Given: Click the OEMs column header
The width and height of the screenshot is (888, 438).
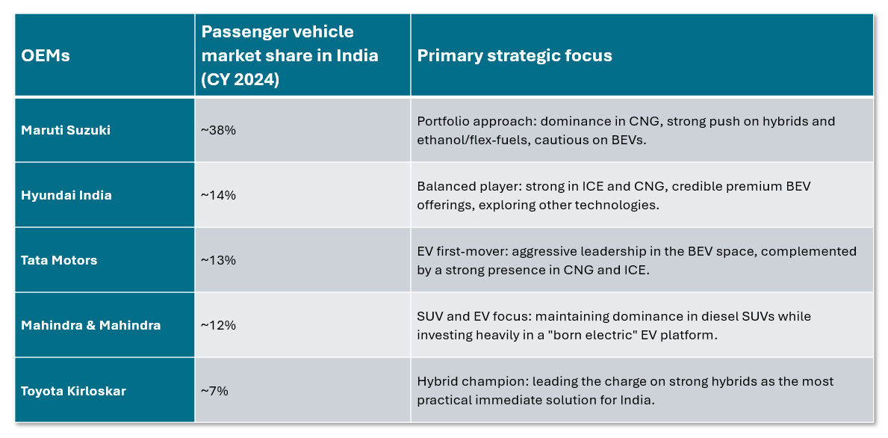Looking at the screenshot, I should coord(46,56).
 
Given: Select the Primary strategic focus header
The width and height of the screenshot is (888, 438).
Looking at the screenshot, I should coord(515,56).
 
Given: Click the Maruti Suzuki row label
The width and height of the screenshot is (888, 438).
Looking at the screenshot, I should coord(66,130).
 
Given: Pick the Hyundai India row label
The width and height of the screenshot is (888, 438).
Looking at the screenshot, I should coord(66,195).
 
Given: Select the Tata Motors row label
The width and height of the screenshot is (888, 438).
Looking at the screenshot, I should coord(59,260).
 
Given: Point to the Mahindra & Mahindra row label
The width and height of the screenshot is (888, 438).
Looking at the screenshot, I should coord(90,325).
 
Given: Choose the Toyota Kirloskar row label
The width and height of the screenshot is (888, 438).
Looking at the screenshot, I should coord(73,391).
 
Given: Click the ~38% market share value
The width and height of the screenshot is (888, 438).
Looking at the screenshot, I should coord(218,130).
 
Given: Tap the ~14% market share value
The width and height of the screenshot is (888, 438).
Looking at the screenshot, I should coord(218,195).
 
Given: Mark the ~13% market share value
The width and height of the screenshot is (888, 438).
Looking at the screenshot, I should coord(218,260).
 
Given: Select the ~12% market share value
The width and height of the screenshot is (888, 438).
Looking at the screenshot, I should coord(218,325).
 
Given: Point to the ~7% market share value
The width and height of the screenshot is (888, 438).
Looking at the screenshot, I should coord(215,391).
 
